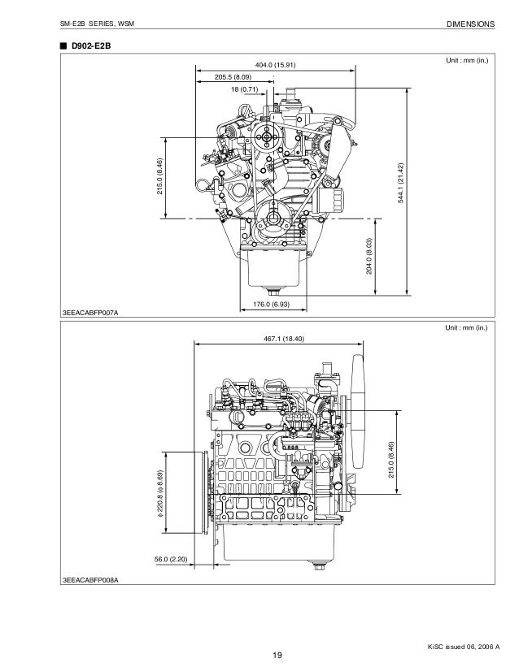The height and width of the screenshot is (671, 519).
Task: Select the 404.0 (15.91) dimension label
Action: coord(275,65)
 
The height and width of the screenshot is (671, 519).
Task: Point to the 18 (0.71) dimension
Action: coord(244,89)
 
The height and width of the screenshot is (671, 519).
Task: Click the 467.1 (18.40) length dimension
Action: coord(284,339)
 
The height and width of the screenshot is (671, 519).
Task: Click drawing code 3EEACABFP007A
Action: coord(90,314)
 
